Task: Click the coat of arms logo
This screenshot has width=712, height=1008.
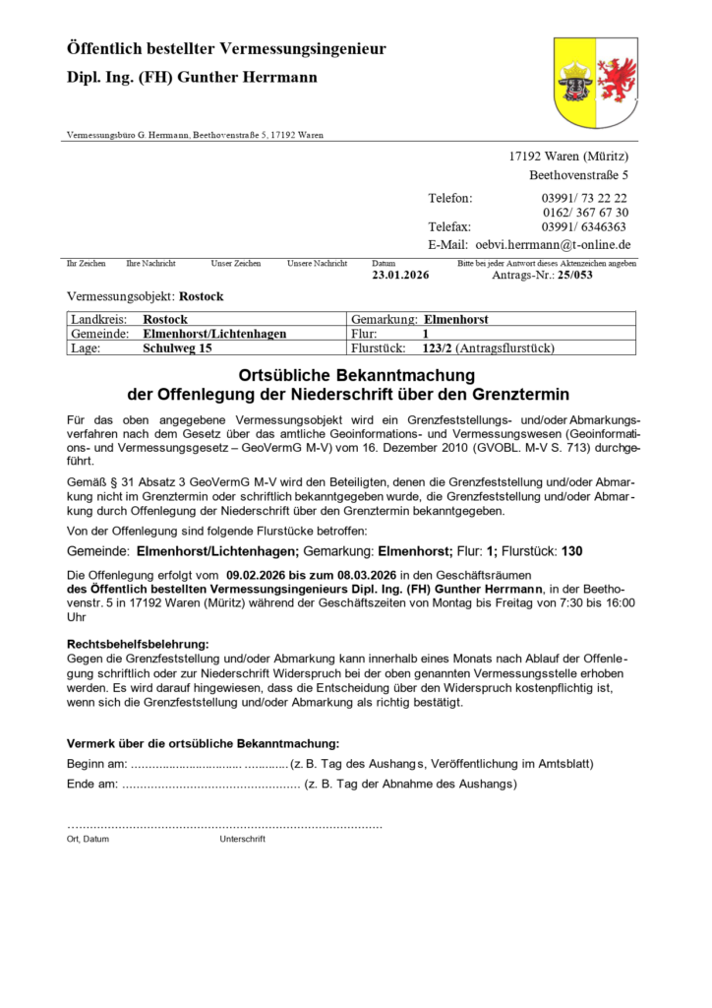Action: (595, 83)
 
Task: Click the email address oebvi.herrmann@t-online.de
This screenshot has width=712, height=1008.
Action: (553, 244)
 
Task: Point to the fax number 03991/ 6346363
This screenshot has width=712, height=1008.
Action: (583, 226)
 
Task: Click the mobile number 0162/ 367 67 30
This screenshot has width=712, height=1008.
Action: (585, 212)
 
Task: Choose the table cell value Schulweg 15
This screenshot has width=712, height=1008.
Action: (177, 347)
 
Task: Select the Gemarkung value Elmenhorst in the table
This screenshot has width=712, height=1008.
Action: (455, 320)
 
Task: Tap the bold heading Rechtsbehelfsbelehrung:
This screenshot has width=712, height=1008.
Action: (138, 643)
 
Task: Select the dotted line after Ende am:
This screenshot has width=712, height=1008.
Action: (210, 785)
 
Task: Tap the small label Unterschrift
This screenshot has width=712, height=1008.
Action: (243, 839)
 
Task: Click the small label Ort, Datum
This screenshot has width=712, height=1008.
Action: (88, 839)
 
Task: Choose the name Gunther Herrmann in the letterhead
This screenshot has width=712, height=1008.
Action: (254, 77)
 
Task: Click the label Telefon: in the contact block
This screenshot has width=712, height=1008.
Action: (449, 198)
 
